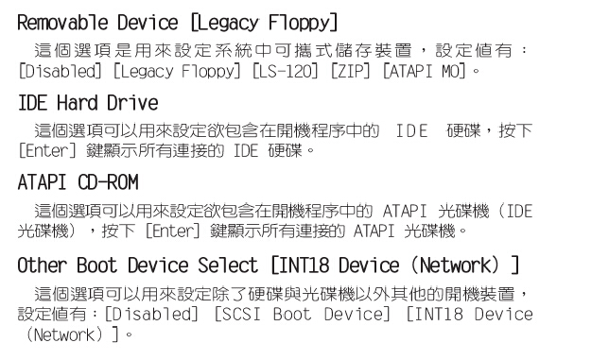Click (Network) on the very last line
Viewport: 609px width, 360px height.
coord(62,333)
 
